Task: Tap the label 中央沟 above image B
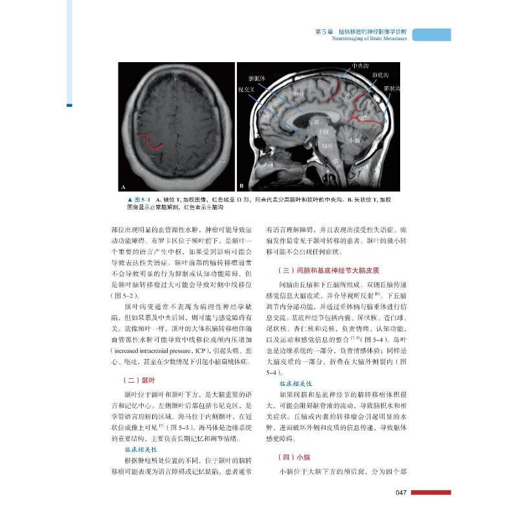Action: (361, 65)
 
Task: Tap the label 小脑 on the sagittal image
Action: (355, 140)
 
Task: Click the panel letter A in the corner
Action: (122, 186)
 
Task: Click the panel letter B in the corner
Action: (242, 186)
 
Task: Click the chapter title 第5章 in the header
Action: (323, 30)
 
